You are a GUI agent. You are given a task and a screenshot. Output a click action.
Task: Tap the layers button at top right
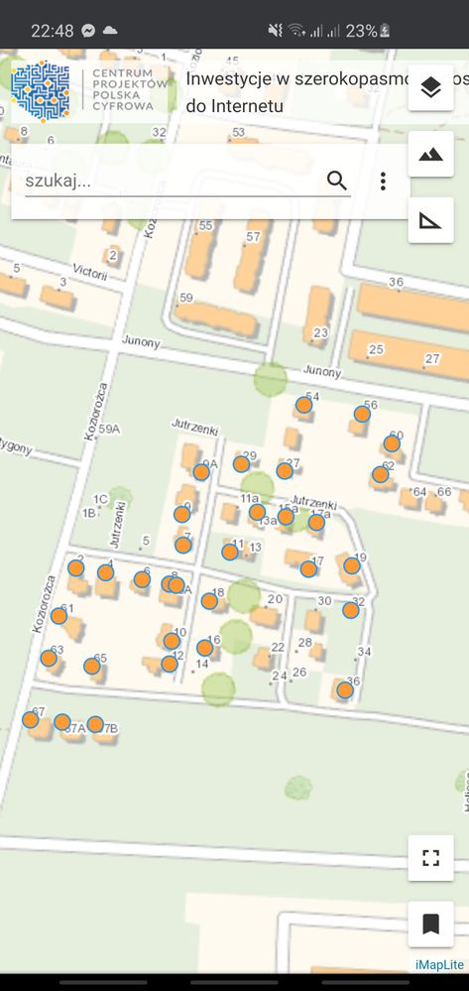pos(430,88)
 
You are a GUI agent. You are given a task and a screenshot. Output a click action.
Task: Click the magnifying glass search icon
pos(337,181)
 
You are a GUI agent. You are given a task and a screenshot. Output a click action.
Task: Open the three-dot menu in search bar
pos(383,181)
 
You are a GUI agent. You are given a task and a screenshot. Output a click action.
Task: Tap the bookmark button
pos(430,925)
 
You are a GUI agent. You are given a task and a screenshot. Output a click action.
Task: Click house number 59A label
pos(109,430)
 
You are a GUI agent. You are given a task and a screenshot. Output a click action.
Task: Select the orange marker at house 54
pos(303,405)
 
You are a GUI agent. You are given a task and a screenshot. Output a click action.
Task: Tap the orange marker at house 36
pos(344,689)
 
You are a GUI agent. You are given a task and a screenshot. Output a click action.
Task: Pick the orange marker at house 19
pos(351,565)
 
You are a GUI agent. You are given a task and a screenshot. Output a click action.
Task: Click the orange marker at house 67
pos(31,719)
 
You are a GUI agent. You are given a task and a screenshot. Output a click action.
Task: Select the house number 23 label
pos(320,332)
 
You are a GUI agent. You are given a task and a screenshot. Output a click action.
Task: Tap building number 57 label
pos(253,237)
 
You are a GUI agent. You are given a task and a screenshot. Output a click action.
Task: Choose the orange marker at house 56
pos(362,414)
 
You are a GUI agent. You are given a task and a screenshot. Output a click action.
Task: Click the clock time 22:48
pos(52,31)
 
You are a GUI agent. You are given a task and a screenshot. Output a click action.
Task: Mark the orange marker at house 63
pos(49,658)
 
